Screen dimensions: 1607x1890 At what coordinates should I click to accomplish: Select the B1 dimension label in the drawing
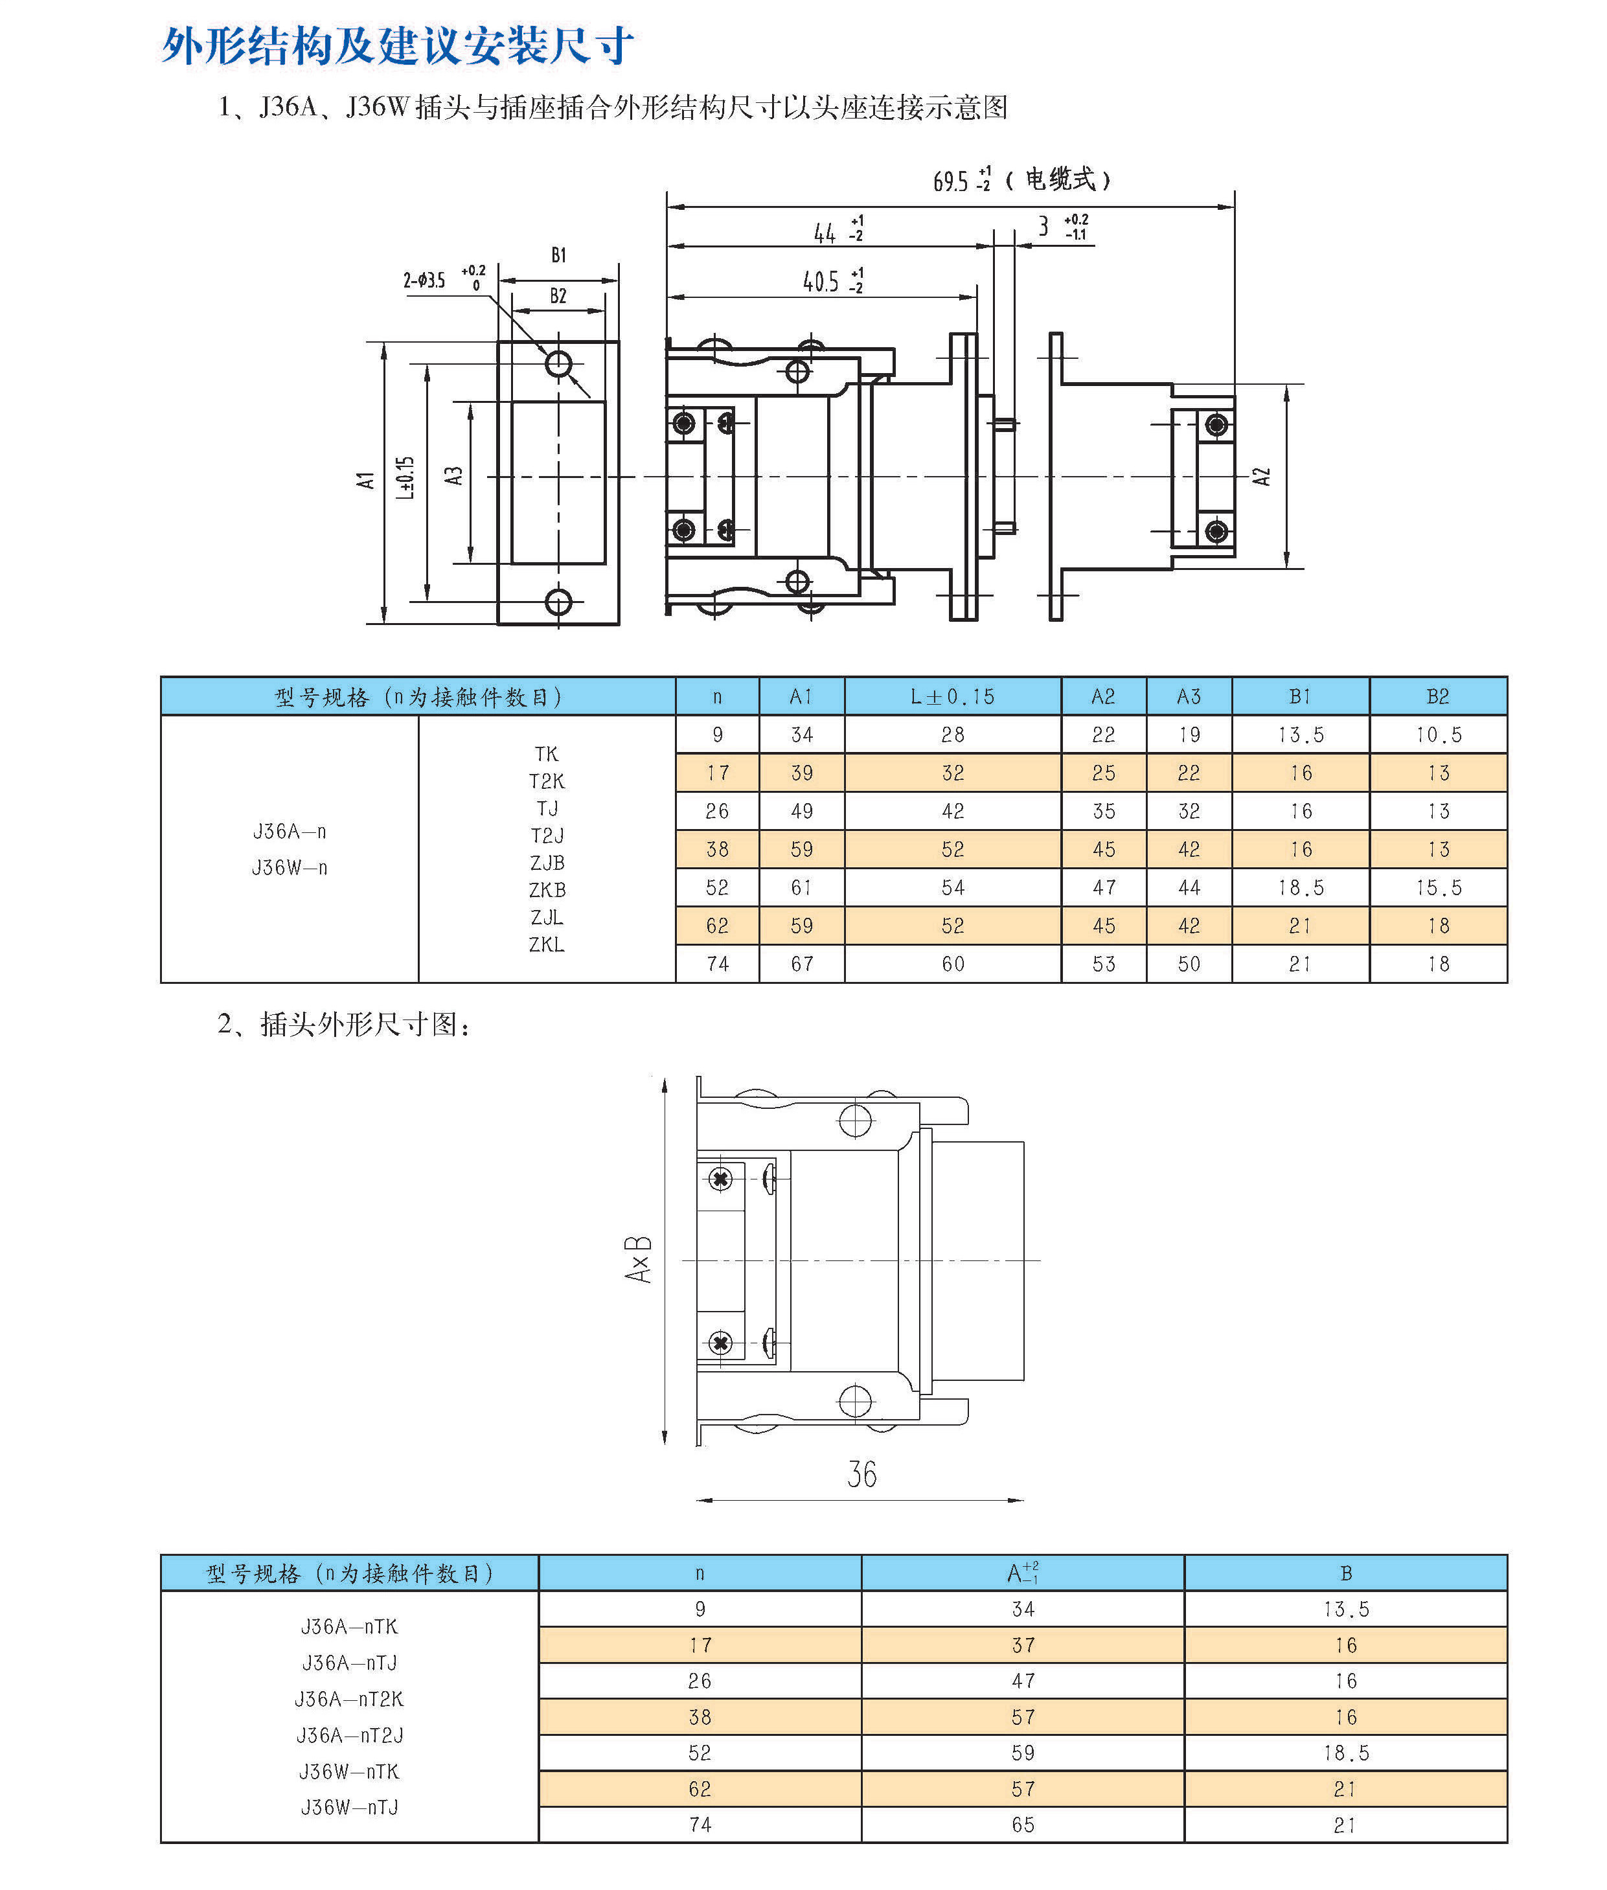tap(558, 255)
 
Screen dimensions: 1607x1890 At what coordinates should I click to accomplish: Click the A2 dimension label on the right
tap(1261, 476)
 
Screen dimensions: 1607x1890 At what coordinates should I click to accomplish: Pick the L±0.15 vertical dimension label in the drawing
tap(405, 477)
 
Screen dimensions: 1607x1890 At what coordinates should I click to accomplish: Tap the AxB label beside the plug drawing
tap(638, 1260)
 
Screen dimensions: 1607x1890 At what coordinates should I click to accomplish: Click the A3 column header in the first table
tap(1188, 697)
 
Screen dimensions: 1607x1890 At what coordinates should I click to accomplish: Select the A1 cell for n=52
tap(802, 887)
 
